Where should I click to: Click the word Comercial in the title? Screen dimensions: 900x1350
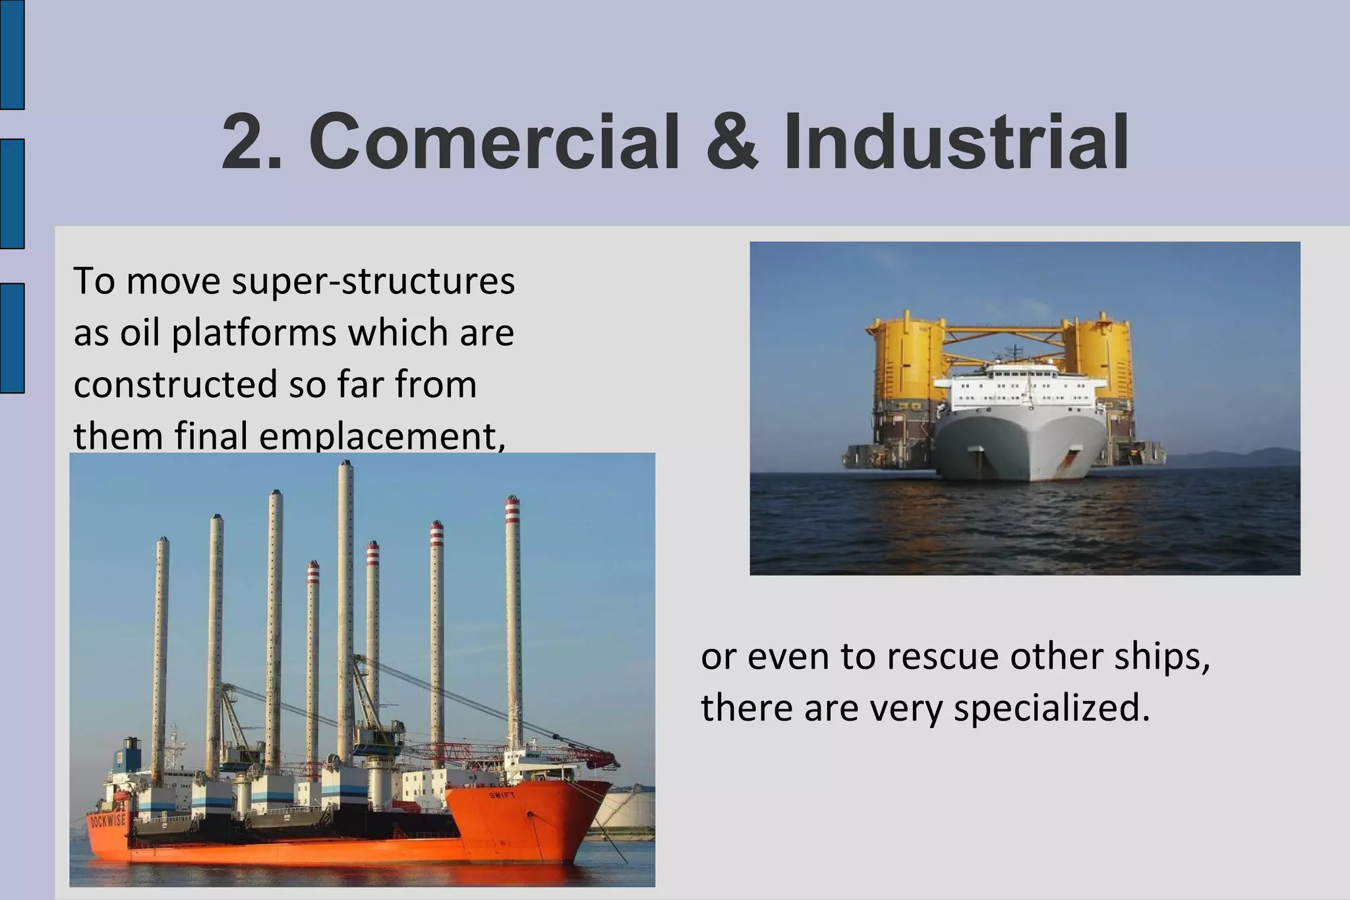[x=494, y=142]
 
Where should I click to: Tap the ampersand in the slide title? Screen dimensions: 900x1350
[x=732, y=142]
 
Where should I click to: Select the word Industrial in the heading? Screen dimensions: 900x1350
[x=956, y=142]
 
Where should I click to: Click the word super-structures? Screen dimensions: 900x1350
[x=374, y=282]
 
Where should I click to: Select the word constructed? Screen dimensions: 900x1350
[x=175, y=384]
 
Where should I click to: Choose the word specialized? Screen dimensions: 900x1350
[x=1052, y=708]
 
